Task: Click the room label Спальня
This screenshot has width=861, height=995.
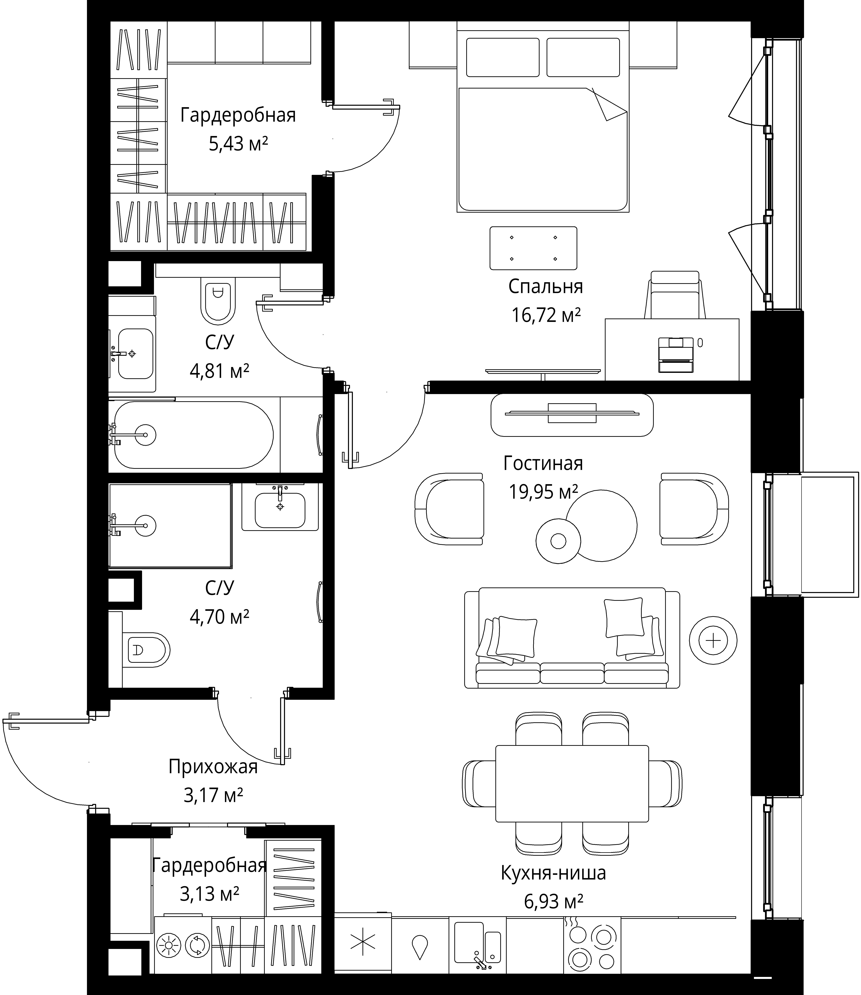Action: click(x=545, y=287)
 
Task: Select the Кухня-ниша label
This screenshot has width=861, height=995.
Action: click(x=553, y=872)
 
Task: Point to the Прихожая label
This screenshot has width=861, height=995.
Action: click(x=213, y=767)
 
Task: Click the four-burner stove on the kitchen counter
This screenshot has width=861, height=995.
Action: click(x=592, y=944)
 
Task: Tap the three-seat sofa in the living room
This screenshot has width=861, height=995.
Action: click(x=572, y=638)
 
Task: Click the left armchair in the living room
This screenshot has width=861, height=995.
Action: click(x=449, y=509)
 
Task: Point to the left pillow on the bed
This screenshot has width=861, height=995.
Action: click(x=503, y=57)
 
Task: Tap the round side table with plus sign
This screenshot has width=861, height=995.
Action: click(x=713, y=640)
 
